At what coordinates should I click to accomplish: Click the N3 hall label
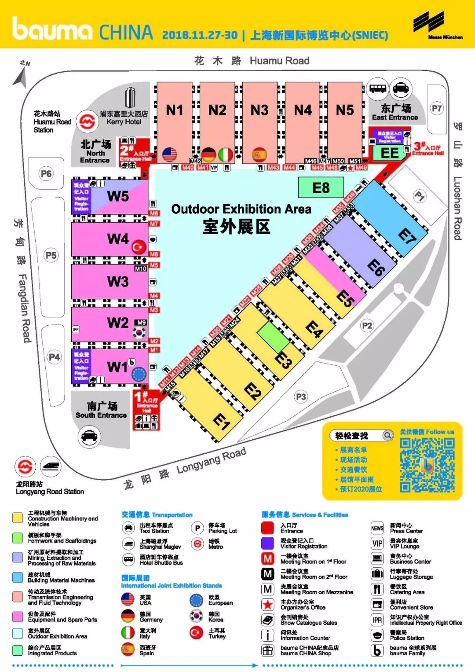tap(259, 110)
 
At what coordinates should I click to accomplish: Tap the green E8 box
tap(321, 188)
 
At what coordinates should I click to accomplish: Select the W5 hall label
tap(118, 196)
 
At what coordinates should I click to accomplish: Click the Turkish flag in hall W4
tap(139, 247)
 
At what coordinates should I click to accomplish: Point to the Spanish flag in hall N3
tap(259, 154)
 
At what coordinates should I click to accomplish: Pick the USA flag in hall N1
tap(169, 154)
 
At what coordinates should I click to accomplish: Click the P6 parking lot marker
tap(46, 174)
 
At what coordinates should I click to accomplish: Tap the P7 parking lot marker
tap(436, 108)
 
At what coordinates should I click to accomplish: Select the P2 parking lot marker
tap(367, 326)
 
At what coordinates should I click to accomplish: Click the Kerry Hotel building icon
tap(130, 97)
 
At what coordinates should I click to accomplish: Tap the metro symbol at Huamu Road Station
tap(87, 121)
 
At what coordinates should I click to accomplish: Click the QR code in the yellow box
tap(427, 465)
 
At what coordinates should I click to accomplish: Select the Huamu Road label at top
tap(279, 61)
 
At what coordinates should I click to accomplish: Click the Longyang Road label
tap(211, 461)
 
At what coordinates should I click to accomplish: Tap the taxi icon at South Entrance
tap(89, 436)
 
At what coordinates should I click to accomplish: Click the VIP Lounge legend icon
tap(377, 543)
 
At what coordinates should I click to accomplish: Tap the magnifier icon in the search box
tap(387, 436)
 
